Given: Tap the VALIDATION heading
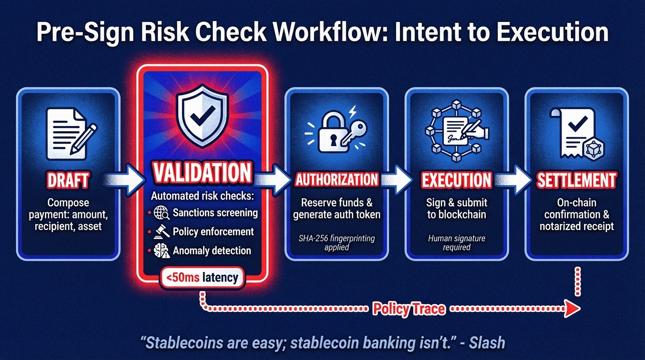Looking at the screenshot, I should [202, 172].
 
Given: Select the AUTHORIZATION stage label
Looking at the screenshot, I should [337, 180].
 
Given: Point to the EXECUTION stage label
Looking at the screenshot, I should [456, 180].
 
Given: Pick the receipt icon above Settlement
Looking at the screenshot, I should [577, 134].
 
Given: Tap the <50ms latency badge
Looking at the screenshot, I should [202, 277].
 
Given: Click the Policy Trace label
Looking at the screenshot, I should [409, 309].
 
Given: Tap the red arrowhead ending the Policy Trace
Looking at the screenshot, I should [572, 309].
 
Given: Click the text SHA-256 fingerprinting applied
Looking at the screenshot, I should [337, 242].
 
